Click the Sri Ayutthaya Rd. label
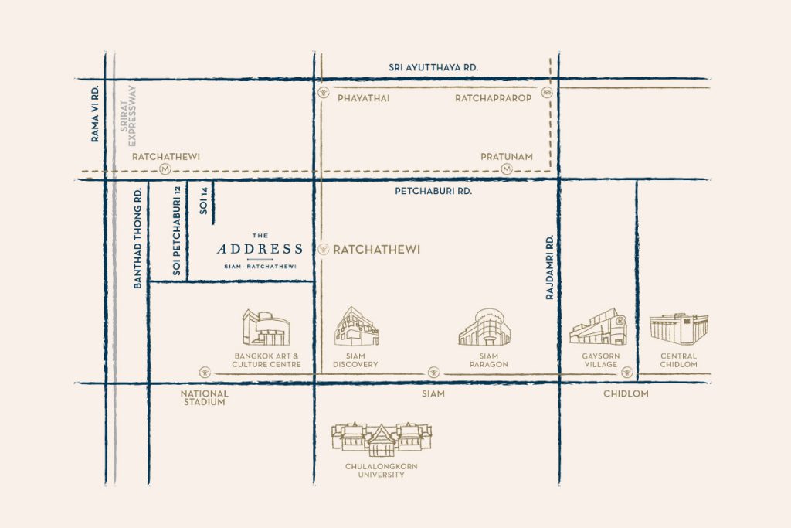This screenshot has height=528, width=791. [x=433, y=68]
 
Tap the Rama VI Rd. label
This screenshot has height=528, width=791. [x=96, y=114]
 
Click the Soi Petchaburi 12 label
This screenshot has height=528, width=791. [x=178, y=231]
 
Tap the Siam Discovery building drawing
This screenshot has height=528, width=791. [x=355, y=325]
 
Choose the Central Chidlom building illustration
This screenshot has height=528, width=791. [x=679, y=329]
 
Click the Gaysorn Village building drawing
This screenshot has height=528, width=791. [x=598, y=327]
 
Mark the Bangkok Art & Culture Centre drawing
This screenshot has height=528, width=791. [x=265, y=328]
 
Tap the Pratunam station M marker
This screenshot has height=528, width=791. [x=507, y=169]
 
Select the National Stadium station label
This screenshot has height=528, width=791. [x=205, y=398]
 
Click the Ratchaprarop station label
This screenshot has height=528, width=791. [x=493, y=98]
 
